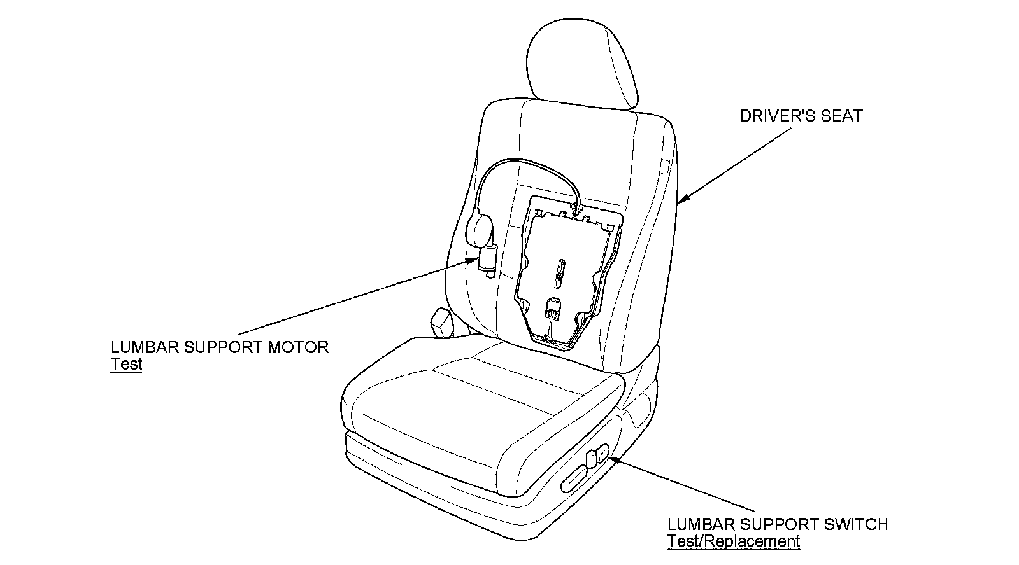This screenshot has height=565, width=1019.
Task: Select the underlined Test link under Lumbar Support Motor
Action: click(x=126, y=364)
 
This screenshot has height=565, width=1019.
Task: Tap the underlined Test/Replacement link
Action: click(x=733, y=541)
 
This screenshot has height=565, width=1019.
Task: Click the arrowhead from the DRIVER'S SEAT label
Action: click(x=681, y=202)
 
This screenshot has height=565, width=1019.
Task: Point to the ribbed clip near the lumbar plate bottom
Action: click(x=552, y=312)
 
